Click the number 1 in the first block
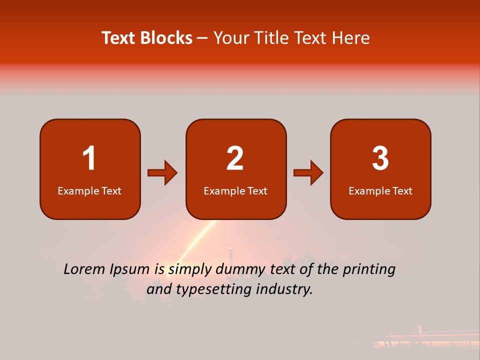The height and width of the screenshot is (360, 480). point(89,158)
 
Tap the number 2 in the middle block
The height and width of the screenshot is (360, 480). point(235,158)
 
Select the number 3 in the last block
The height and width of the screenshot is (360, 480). point(380,158)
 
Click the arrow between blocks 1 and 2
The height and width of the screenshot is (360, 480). point(162,173)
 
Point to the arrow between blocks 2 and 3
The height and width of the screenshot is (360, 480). point(308,173)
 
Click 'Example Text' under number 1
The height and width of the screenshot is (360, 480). point(89,191)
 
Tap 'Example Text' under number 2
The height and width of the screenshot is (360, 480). point(235,191)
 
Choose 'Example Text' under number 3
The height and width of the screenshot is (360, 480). point(380,191)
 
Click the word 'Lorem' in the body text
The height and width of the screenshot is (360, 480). point(84,269)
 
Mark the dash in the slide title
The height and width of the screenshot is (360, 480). point(202,38)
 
